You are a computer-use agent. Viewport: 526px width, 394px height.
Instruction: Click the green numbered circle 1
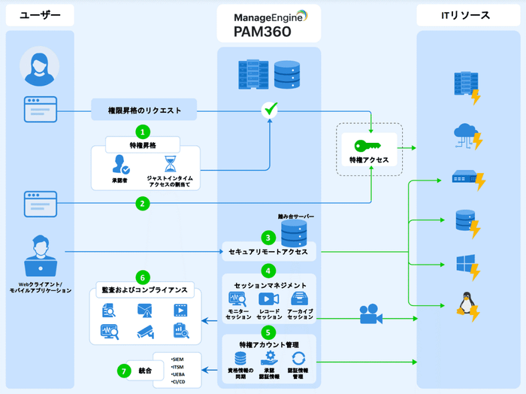click(x=141, y=131)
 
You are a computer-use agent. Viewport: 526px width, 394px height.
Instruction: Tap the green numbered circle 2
click(x=141, y=203)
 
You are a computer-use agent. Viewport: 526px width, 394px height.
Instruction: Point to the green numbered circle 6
click(x=141, y=277)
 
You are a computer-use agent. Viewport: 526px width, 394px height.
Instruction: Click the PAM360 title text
click(x=266, y=32)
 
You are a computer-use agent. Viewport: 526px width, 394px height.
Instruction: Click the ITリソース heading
click(x=465, y=15)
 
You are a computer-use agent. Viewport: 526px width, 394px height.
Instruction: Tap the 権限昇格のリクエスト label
click(x=144, y=111)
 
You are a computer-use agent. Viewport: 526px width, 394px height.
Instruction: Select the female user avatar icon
click(x=39, y=68)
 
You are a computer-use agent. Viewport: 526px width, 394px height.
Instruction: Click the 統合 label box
click(x=145, y=371)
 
